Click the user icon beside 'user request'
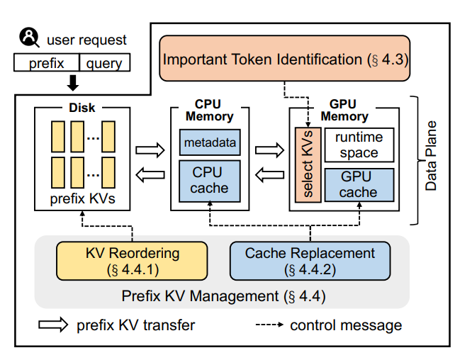pyautogui.click(x=29, y=37)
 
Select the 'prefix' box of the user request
pyautogui.click(x=47, y=62)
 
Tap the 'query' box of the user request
pyautogui.click(x=104, y=62)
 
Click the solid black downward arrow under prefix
pyautogui.click(x=73, y=83)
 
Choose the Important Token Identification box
pyautogui.click(x=285, y=58)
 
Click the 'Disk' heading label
pyautogui.click(x=82, y=108)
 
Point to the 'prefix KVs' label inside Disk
pyautogui.click(x=83, y=198)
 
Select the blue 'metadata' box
pyautogui.click(x=210, y=142)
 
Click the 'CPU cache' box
pyautogui.click(x=210, y=181)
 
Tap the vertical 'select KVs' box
pyautogui.click(x=308, y=164)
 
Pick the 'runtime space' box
pyautogui.click(x=359, y=145)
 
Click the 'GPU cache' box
pyautogui.click(x=359, y=185)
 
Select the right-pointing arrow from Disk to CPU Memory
pyautogui.click(x=150, y=150)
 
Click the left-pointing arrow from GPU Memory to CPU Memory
pyautogui.click(x=269, y=174)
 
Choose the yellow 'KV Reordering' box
pyautogui.click(x=132, y=261)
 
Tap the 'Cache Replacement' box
pyautogui.click(x=310, y=261)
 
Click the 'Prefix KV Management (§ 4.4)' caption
pyautogui.click(x=223, y=296)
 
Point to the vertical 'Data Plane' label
pyautogui.click(x=431, y=156)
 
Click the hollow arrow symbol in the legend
pyautogui.click(x=53, y=325)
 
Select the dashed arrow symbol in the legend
pyautogui.click(x=269, y=325)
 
